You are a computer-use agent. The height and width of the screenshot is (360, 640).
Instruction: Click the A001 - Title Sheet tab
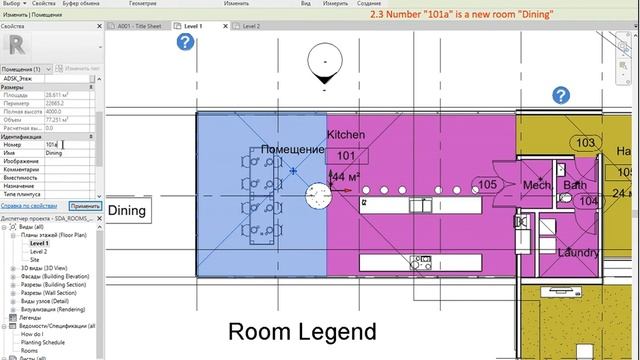tap(139, 25)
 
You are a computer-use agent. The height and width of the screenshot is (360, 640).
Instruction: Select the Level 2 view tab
tap(250, 25)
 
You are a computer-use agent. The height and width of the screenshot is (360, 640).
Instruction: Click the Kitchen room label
tap(346, 134)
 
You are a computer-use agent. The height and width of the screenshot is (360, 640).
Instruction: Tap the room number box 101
tap(346, 156)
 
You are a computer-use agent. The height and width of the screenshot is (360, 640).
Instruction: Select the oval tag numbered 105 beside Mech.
tap(488, 185)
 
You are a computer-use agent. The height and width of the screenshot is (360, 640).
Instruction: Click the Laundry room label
tap(579, 253)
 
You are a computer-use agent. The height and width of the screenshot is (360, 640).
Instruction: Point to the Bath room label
tap(575, 186)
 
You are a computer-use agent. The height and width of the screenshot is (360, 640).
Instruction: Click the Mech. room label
tap(537, 186)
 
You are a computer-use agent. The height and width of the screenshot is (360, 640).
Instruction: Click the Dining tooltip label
tap(127, 210)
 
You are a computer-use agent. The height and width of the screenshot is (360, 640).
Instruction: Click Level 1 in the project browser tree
tap(39, 243)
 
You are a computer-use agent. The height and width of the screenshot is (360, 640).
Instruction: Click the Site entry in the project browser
tap(36, 259)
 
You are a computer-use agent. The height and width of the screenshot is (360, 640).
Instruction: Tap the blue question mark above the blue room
tap(185, 41)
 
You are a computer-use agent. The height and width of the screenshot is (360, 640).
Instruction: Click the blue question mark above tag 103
tap(562, 95)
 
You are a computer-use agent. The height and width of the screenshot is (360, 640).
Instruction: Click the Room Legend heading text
tap(301, 332)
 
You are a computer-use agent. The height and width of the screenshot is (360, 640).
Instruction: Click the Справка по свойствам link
tap(30, 205)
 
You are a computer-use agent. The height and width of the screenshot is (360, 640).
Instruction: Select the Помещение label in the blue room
tap(293, 150)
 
